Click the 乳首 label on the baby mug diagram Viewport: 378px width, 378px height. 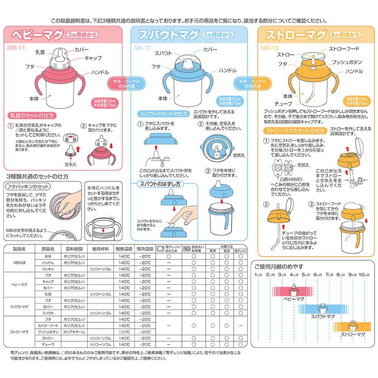(x=39, y=52)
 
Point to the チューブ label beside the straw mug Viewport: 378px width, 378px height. (x=284, y=103)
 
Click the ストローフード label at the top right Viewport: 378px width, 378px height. (x=343, y=49)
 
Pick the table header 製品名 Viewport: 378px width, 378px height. (x=19, y=249)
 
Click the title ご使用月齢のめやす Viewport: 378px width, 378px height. (x=278, y=266)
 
